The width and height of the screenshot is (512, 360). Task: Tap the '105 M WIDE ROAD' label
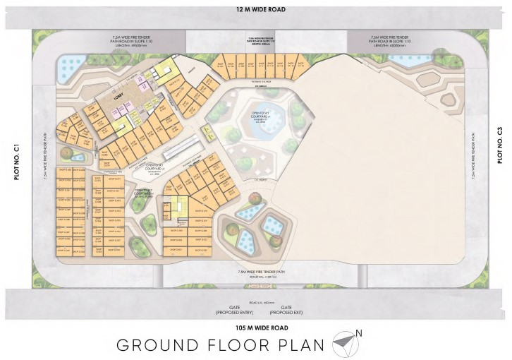click(255, 329)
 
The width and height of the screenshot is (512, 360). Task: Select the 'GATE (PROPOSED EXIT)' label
click(286, 311)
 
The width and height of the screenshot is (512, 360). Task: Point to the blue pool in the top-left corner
click(71, 68)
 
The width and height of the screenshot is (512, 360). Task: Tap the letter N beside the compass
click(359, 333)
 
